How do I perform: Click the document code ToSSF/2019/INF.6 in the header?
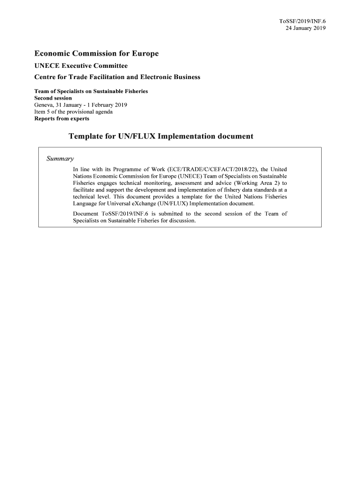[302, 21]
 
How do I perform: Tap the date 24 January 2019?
[305, 28]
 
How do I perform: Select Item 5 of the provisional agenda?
[74, 112]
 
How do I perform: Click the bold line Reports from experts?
[62, 118]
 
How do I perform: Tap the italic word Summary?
[60, 159]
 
